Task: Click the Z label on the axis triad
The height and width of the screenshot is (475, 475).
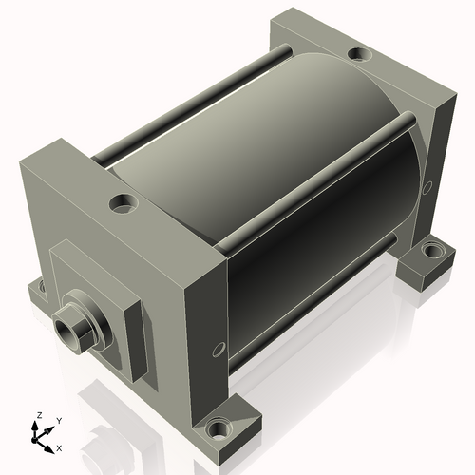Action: [x=40, y=415]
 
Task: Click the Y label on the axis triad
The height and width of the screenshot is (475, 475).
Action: [x=59, y=421]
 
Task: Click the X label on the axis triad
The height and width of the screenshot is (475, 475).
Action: [x=59, y=448]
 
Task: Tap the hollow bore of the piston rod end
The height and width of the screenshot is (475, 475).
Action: [x=66, y=332]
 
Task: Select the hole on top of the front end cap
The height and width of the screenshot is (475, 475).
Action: [x=123, y=202]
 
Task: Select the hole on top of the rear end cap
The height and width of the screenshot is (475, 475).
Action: [x=359, y=53]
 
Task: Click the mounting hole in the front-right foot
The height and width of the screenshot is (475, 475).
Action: [x=218, y=428]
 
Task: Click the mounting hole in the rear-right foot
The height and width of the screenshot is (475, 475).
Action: [x=432, y=250]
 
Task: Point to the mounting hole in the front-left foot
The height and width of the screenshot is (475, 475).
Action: [x=42, y=286]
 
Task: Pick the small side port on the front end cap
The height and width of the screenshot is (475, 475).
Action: [x=218, y=349]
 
